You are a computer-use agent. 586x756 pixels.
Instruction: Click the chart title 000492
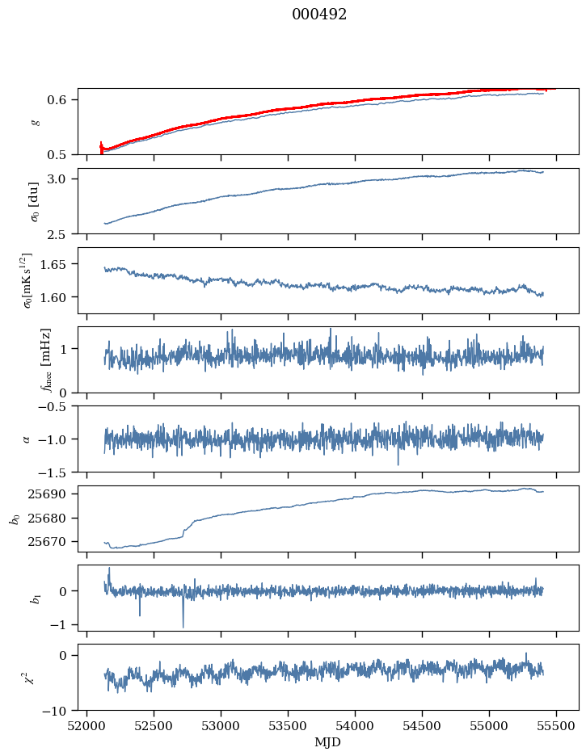click(x=319, y=15)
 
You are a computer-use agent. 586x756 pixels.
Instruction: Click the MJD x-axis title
click(x=327, y=742)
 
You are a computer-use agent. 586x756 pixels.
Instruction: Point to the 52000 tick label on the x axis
click(x=87, y=724)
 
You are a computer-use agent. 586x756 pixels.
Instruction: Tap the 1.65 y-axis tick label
click(x=59, y=264)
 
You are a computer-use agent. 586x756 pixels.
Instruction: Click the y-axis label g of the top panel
click(x=34, y=121)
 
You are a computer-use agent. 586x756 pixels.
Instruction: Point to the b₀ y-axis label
click(x=15, y=518)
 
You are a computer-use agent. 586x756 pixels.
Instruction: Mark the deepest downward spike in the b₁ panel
click(x=183, y=625)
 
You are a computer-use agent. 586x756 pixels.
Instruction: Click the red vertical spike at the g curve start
click(x=101, y=147)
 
